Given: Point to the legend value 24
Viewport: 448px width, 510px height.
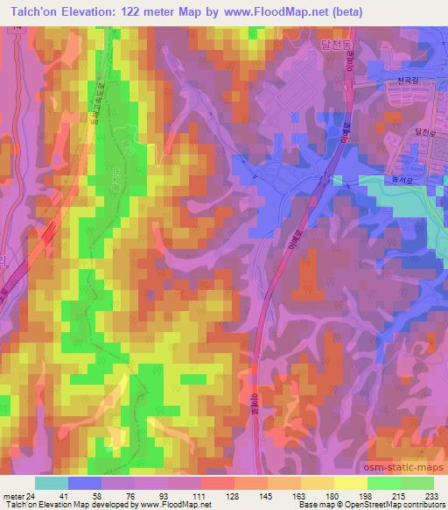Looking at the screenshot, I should [30, 496].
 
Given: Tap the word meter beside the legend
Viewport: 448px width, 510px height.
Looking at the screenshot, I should [12, 496].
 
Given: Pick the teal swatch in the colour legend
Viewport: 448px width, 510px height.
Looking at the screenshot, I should [52, 483].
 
